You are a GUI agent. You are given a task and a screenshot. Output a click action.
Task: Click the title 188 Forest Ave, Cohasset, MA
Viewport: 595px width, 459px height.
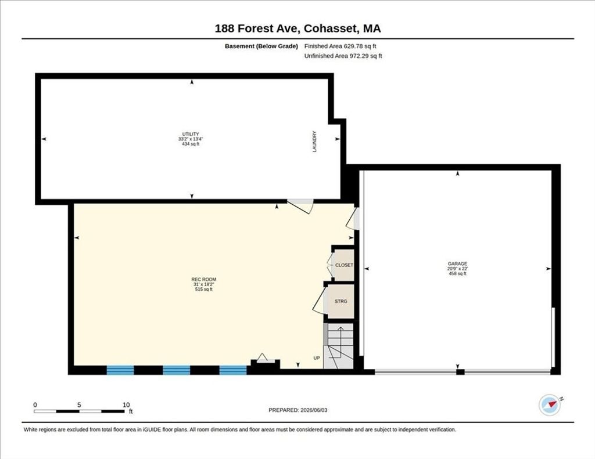298,28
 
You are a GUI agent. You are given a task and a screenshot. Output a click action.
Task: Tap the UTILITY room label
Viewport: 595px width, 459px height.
191,134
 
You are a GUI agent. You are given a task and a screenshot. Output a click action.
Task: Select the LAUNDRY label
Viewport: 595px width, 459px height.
314,142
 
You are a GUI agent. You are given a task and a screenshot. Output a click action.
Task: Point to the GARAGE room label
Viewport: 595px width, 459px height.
458,264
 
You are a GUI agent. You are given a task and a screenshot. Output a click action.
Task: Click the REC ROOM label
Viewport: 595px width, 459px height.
204,280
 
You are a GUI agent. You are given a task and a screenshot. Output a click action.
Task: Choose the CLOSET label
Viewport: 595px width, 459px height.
344,265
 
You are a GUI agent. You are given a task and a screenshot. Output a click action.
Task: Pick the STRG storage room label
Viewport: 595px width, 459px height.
340,301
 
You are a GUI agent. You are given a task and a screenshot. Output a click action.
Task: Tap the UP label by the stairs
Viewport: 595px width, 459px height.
317,358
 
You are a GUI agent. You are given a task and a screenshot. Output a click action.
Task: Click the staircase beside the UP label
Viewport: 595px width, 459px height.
339,346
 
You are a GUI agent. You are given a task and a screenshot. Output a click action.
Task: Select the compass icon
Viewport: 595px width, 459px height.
550,405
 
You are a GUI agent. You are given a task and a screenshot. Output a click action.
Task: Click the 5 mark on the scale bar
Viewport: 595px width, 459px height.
79,405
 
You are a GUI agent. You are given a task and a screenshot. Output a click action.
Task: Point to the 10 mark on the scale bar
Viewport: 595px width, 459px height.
126,405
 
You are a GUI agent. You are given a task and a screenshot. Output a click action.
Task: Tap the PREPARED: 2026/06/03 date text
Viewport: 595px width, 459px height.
298,410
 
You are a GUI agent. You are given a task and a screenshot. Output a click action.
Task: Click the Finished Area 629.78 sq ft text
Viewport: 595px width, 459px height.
340,46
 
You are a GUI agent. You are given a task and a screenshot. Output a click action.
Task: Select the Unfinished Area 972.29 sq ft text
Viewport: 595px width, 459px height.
343,56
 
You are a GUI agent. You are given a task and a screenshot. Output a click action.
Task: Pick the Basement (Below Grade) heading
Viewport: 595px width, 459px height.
261,46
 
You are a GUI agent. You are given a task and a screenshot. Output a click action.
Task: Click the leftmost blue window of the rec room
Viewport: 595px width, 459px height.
120,370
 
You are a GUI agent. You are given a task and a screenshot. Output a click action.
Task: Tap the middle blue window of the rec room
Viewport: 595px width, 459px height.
177,370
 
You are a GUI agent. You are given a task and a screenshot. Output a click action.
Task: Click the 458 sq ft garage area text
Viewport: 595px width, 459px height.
458,274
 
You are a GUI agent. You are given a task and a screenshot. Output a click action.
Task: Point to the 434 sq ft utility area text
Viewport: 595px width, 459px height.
191,144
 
